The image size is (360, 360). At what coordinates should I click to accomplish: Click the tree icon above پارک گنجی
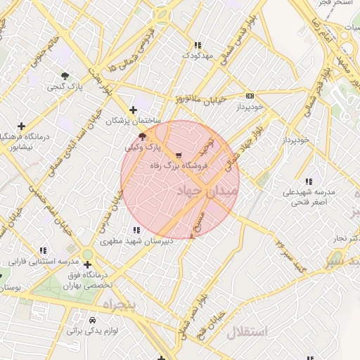pos(65,76)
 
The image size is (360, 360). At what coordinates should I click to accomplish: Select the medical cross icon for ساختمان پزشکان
pos(134,110)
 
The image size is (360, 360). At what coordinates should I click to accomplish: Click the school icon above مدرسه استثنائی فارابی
pos(44,250)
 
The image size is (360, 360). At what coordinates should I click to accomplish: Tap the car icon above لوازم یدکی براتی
pos(93,319)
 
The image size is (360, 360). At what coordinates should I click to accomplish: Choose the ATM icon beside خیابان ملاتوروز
pos(250,96)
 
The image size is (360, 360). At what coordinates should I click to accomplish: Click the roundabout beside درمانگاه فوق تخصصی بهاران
pos(87,255)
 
